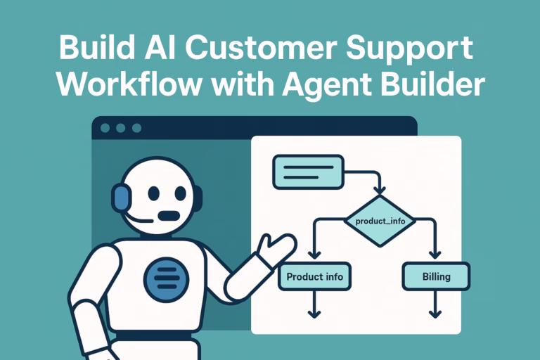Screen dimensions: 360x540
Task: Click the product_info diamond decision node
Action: (x=380, y=221)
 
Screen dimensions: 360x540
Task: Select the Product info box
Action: (x=314, y=276)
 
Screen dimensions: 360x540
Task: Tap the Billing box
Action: (x=436, y=276)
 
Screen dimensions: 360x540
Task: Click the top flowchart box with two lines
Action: (x=307, y=172)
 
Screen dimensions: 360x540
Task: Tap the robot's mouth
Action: (x=168, y=214)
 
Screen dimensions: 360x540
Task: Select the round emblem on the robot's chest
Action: (x=166, y=278)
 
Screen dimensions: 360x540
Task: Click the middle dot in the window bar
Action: (x=121, y=128)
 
